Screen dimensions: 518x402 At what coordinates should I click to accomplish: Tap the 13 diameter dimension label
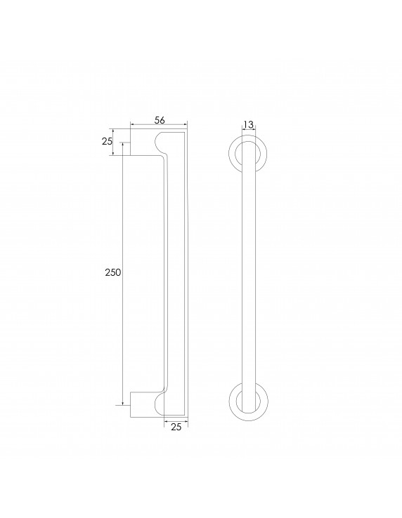[247, 124]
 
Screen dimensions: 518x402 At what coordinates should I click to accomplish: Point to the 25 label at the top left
[107, 142]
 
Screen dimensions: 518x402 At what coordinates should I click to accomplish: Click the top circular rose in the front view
[247, 154]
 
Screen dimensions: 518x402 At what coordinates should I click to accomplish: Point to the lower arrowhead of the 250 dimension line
[124, 403]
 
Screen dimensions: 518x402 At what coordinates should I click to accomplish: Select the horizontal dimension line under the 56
[159, 127]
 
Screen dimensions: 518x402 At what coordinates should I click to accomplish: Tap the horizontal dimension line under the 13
[247, 131]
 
